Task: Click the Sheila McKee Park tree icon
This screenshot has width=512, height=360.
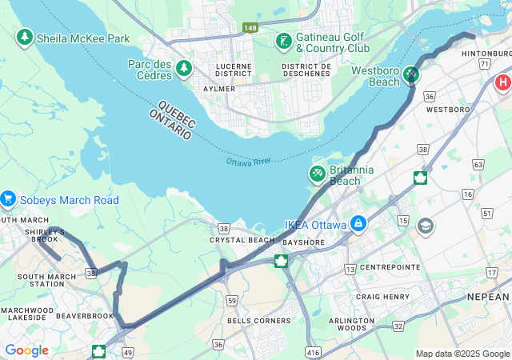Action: pyautogui.click(x=25, y=38)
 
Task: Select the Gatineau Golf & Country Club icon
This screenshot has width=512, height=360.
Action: pyautogui.click(x=282, y=41)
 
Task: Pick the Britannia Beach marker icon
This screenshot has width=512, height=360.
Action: pyautogui.click(x=318, y=174)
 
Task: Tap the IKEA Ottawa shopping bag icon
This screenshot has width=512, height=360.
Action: pyautogui.click(x=358, y=224)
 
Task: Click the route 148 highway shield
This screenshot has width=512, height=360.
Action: pyautogui.click(x=250, y=28)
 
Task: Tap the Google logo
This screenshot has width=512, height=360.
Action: pyautogui.click(x=26, y=350)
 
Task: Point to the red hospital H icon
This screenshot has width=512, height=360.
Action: pyautogui.click(x=503, y=82)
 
